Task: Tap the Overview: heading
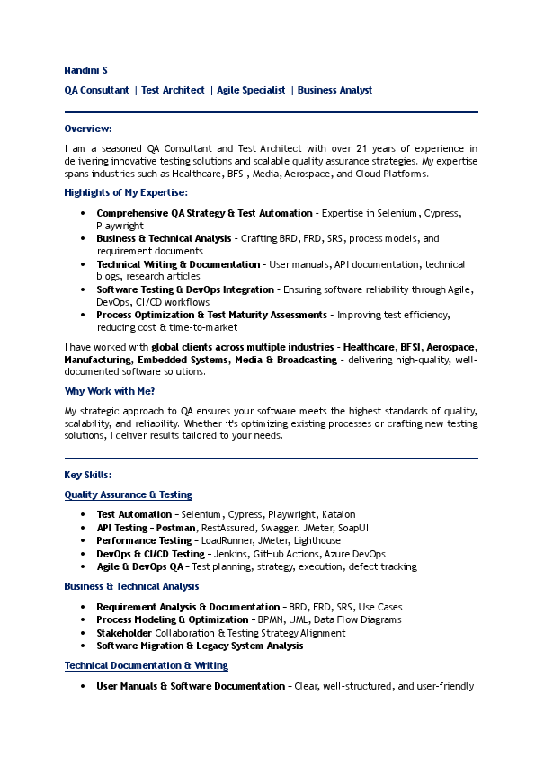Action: (x=88, y=129)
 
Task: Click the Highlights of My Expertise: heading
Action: (x=126, y=192)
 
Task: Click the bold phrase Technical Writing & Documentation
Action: (x=179, y=264)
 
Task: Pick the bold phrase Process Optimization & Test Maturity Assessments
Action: (x=211, y=316)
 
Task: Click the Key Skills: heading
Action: (x=88, y=474)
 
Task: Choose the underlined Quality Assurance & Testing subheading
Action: (x=128, y=494)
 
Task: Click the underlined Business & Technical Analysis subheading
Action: (x=131, y=586)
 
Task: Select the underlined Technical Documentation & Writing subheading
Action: (x=146, y=665)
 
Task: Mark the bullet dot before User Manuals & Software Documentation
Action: (x=83, y=686)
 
